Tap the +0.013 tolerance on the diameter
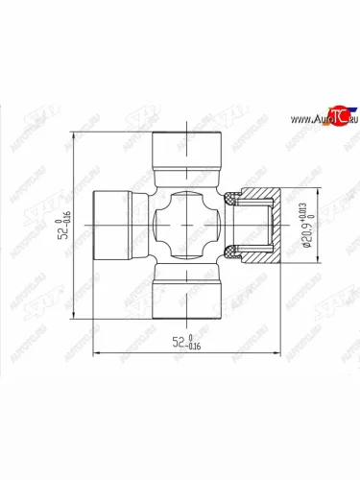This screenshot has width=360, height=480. (306, 208)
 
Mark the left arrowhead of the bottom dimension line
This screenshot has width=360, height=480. (94, 352)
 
